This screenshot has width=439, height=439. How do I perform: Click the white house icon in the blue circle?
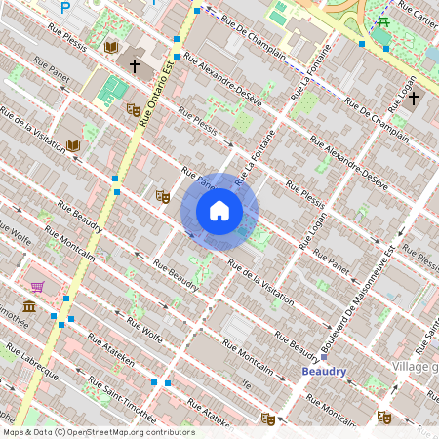click(x=219, y=211)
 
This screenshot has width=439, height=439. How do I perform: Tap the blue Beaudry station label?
click(x=323, y=372)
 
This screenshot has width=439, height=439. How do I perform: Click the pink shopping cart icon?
click(x=38, y=287)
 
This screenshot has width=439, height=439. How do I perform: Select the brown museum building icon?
click(x=29, y=307)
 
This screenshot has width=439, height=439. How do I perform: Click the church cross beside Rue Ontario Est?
click(x=136, y=66)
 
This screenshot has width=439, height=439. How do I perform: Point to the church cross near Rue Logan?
click(x=414, y=98)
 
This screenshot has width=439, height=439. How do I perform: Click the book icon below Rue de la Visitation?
click(x=72, y=146)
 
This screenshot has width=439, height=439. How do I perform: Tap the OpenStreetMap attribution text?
click(x=98, y=432)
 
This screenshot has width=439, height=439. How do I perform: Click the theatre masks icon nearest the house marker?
click(x=163, y=196)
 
